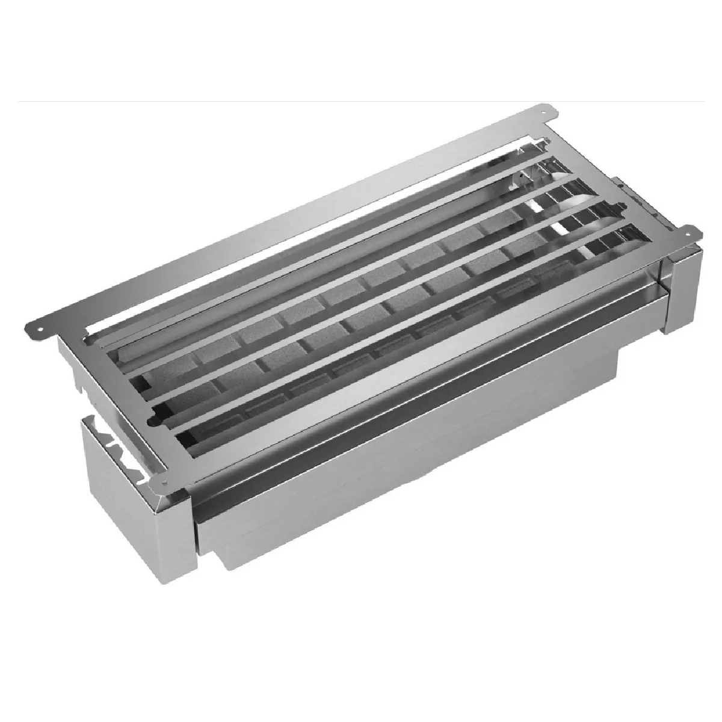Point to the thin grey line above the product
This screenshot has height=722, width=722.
click(361, 101)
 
